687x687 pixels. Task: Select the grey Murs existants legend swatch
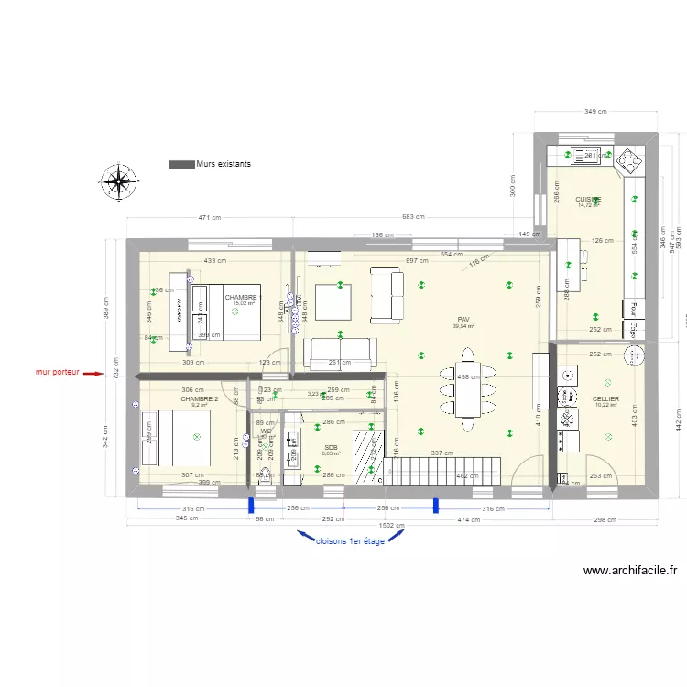click(x=181, y=164)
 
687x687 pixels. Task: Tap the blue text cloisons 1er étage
click(x=350, y=540)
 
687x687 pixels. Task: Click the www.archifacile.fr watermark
click(x=635, y=571)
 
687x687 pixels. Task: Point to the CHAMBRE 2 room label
click(x=199, y=399)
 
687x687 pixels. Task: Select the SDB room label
click(x=331, y=446)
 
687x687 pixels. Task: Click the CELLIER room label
click(x=605, y=399)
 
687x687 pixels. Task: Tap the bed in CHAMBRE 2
click(x=186, y=438)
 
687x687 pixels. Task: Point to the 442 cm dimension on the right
click(x=679, y=420)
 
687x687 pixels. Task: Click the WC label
click(x=266, y=431)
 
